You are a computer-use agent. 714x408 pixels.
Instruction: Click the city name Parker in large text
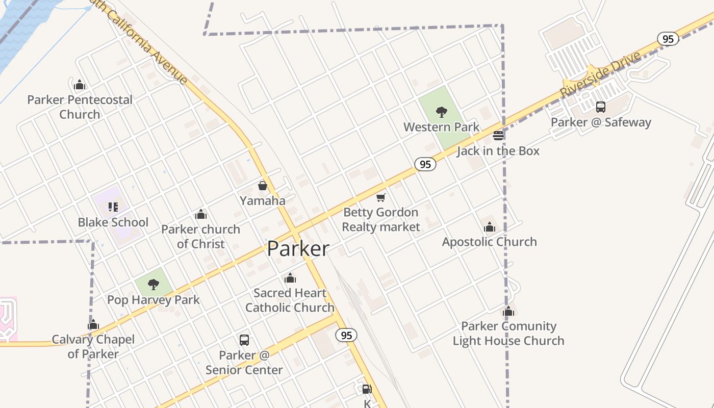pyautogui.click(x=298, y=249)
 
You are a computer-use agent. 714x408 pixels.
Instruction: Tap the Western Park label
pyautogui.click(x=441, y=127)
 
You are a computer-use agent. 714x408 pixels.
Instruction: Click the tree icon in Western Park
pyautogui.click(x=442, y=112)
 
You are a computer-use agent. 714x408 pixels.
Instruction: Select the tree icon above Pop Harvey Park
pyautogui.click(x=154, y=285)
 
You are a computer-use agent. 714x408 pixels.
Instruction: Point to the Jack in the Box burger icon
pyautogui.click(x=498, y=136)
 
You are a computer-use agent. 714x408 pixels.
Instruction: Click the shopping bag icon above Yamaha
pyautogui.click(x=263, y=186)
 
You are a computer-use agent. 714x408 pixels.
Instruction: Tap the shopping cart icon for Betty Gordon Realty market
pyautogui.click(x=381, y=197)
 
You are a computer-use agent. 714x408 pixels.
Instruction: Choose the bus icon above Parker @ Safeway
pyautogui.click(x=601, y=107)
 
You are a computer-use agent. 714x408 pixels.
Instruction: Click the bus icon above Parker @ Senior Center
pyautogui.click(x=244, y=340)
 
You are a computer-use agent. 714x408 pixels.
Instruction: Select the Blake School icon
pyautogui.click(x=113, y=207)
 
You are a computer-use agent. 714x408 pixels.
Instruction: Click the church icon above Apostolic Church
pyautogui.click(x=490, y=227)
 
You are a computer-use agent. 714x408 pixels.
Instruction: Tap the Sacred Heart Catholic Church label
pyautogui.click(x=290, y=300)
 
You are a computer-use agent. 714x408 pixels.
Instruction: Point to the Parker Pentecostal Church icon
pyautogui.click(x=80, y=84)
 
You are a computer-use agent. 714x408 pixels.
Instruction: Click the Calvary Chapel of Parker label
pyautogui.click(x=93, y=347)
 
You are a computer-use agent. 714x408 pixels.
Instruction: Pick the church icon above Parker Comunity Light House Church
pyautogui.click(x=508, y=311)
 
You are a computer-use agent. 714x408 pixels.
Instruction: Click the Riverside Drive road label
pyautogui.click(x=600, y=74)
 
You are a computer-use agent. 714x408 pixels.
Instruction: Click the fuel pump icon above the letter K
pyautogui.click(x=367, y=390)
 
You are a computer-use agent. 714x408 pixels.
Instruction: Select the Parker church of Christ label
pyautogui.click(x=201, y=237)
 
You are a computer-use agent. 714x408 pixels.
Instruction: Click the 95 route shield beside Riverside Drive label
pyautogui.click(x=668, y=39)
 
